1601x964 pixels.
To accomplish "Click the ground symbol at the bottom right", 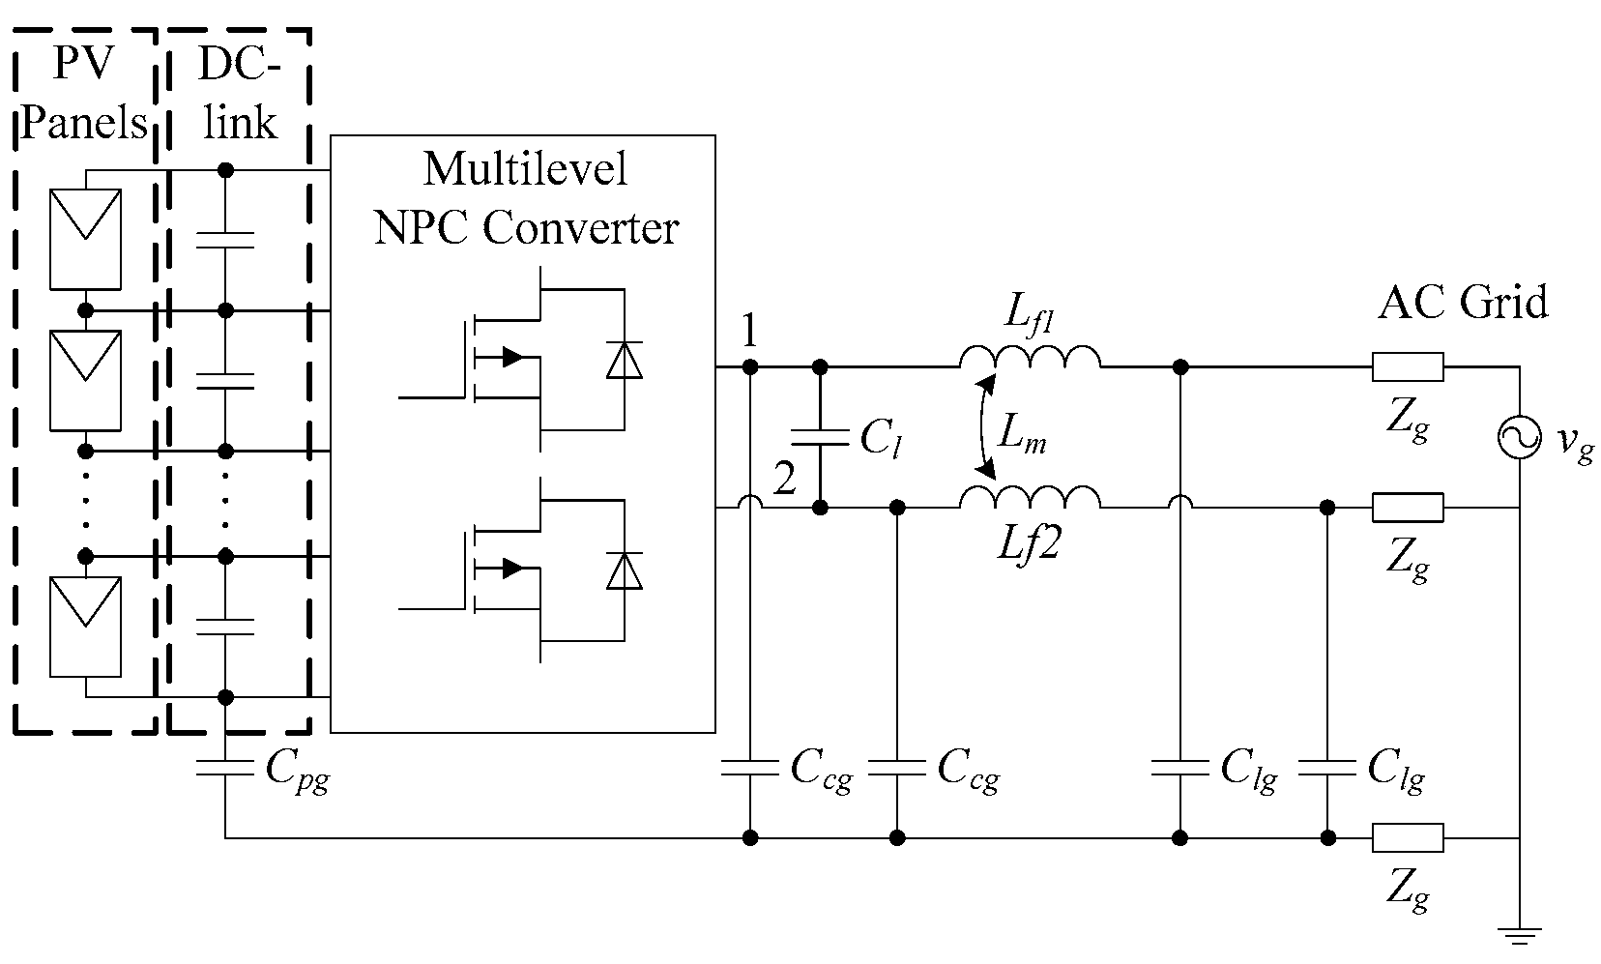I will click(1520, 934).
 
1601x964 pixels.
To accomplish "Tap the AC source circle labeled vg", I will click(1520, 438).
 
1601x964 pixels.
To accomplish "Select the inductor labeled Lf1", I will click(1030, 360).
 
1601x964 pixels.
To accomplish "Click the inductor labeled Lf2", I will click(1030, 497).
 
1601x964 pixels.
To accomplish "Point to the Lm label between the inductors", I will click(1023, 439).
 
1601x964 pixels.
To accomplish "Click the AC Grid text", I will click(1463, 303).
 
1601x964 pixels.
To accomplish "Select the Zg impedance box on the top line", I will click(1408, 367).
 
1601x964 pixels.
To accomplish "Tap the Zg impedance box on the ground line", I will click(1408, 837).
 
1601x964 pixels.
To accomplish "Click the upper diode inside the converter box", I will click(624, 360).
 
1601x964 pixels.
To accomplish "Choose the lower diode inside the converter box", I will click(624, 570).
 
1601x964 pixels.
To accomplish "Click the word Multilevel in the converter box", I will click(525, 168).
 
